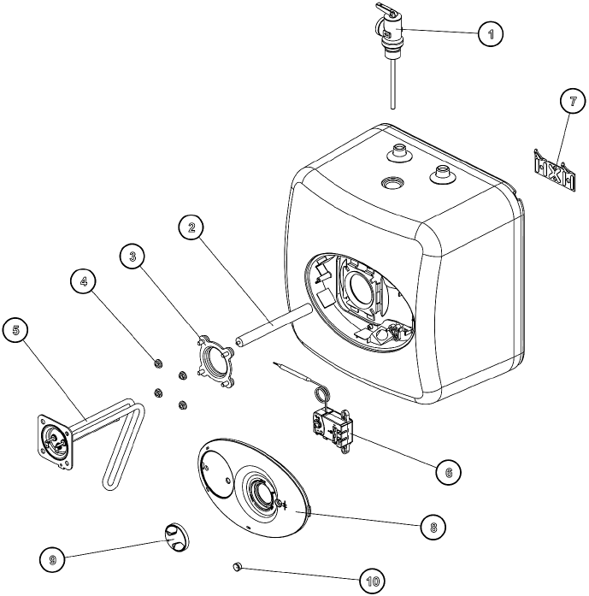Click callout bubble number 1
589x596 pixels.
[x=489, y=34]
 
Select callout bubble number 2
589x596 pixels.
[x=192, y=227]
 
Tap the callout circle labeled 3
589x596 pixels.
[x=133, y=255]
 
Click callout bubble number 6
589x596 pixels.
[x=447, y=469]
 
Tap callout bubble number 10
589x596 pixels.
[x=373, y=581]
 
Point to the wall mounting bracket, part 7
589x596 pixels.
[x=551, y=170]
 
